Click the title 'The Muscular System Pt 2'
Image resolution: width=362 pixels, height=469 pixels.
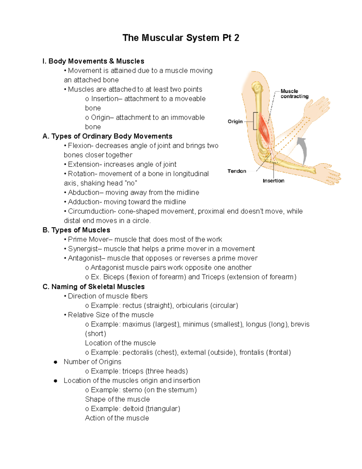click(181, 38)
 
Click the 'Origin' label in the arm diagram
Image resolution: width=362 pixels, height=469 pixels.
click(235, 121)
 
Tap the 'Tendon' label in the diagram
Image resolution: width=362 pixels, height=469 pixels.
click(237, 171)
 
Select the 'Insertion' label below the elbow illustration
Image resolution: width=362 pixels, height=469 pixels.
click(273, 181)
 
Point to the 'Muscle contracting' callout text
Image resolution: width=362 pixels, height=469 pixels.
click(294, 94)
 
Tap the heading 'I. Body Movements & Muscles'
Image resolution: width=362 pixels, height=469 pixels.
click(93, 61)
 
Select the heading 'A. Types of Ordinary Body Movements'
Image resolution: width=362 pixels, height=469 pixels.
click(107, 136)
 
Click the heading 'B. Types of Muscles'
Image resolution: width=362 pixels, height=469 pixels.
click(76, 230)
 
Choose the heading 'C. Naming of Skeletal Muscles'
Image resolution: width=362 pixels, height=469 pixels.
click(94, 287)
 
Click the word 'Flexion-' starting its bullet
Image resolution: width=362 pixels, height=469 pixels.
click(81, 146)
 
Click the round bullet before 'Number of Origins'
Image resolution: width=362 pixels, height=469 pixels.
click(56, 362)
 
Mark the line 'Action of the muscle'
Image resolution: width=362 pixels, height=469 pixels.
click(117, 418)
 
